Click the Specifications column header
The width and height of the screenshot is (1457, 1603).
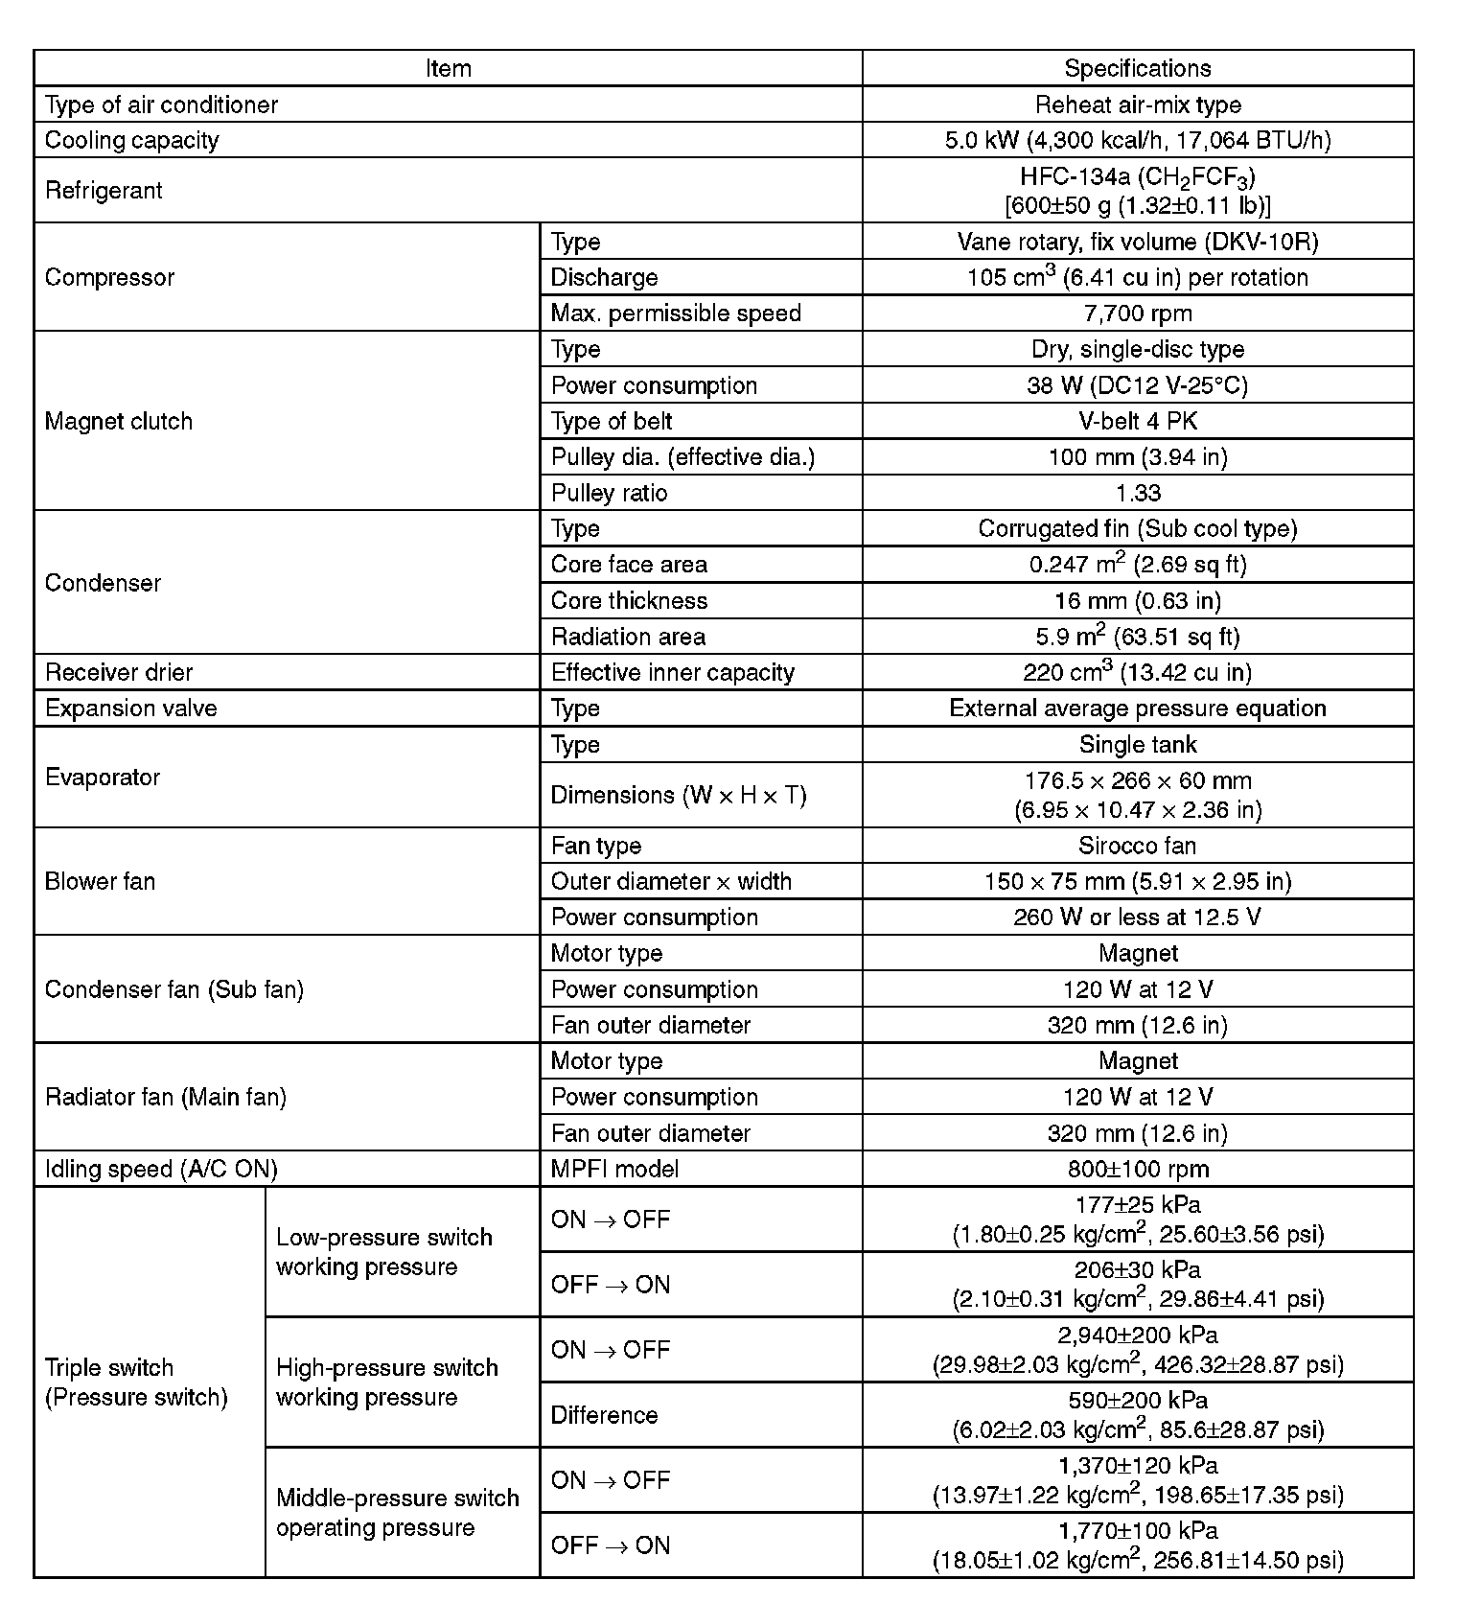pos(1137,68)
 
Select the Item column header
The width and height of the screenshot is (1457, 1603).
pos(448,68)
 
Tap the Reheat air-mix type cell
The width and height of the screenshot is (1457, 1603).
pos(1137,105)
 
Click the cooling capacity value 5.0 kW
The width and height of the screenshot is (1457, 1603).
pos(1137,140)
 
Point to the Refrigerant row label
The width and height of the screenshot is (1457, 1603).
pos(104,190)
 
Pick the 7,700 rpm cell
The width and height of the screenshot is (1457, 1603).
pos(1137,313)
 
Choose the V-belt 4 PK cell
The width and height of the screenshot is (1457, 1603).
pos(1137,421)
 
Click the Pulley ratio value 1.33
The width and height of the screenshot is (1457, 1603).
pos(1137,493)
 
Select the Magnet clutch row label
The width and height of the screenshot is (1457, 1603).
pos(119,421)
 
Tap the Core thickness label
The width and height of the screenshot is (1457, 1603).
pos(629,600)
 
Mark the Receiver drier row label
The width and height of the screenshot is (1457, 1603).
pos(119,672)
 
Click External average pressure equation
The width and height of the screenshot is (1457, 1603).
pos(1137,708)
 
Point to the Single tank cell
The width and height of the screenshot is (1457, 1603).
pos(1137,744)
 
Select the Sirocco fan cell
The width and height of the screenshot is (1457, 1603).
pos(1137,846)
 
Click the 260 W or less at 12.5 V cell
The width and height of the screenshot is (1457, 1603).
pos(1137,917)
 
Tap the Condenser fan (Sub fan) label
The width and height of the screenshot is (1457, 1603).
pos(174,989)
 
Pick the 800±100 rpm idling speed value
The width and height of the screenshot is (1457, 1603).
pos(1137,1169)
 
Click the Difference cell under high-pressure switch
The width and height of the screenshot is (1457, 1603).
pos(604,1415)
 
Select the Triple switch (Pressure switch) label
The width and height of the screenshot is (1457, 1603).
pos(136,1382)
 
